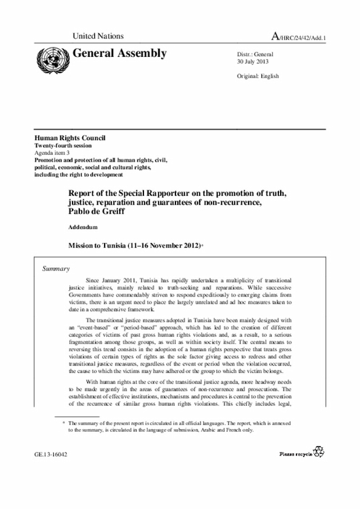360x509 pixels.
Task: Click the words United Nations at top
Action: click(x=98, y=37)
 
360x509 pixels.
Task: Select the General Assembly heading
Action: click(x=119, y=54)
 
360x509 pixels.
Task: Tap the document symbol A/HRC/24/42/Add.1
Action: click(x=299, y=37)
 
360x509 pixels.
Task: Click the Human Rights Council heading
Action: click(x=70, y=138)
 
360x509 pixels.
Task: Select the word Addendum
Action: click(x=83, y=228)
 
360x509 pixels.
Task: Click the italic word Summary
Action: click(x=56, y=269)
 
